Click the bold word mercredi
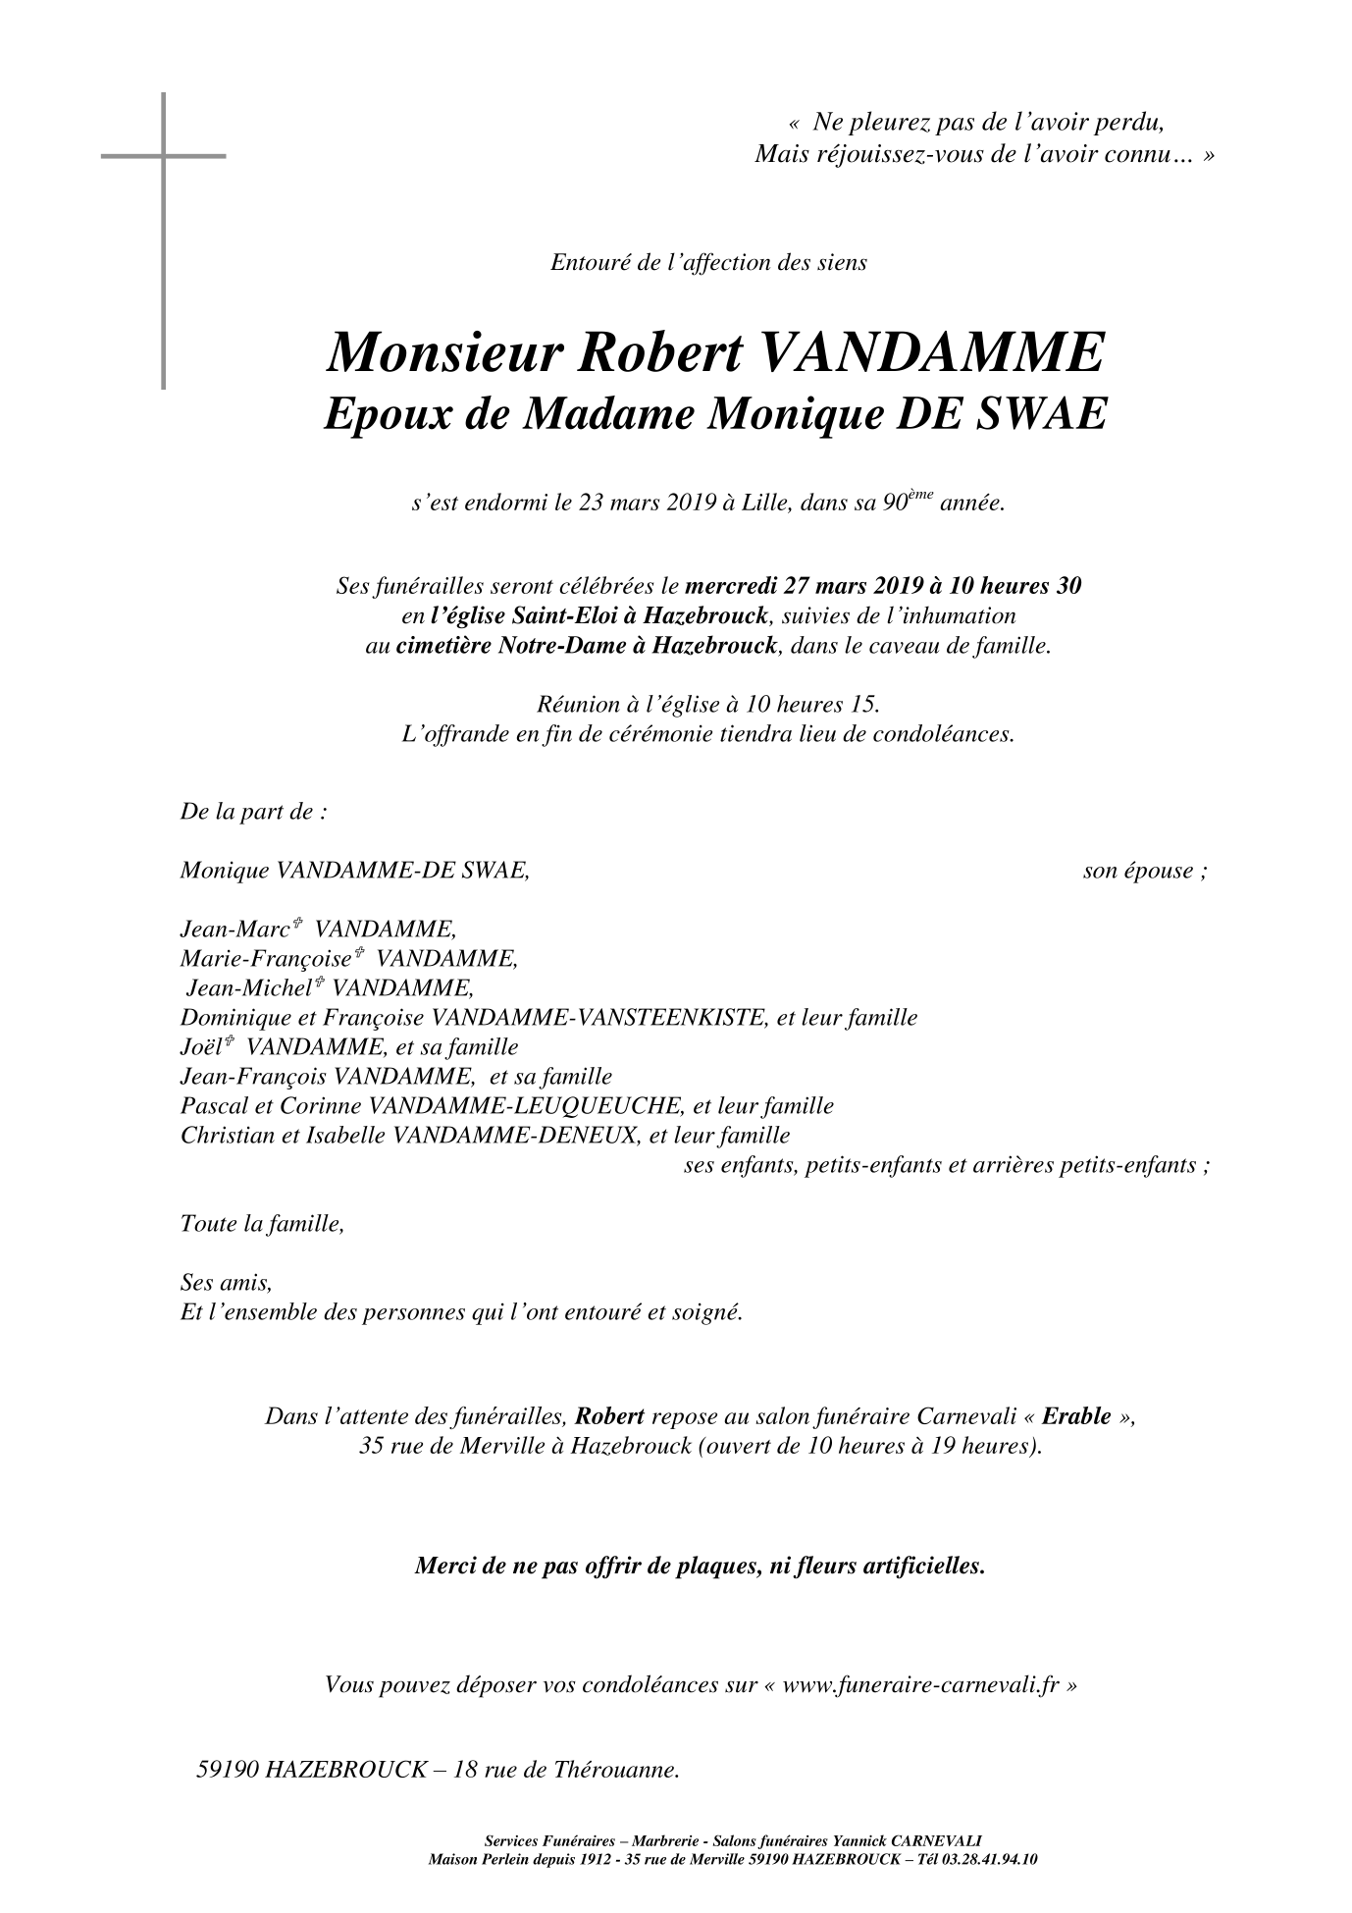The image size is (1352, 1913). coord(731,587)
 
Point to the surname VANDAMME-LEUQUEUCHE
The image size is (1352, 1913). coord(525,1106)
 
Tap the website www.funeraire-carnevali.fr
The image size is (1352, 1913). coord(920,1685)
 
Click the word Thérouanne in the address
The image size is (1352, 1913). coord(616,1771)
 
